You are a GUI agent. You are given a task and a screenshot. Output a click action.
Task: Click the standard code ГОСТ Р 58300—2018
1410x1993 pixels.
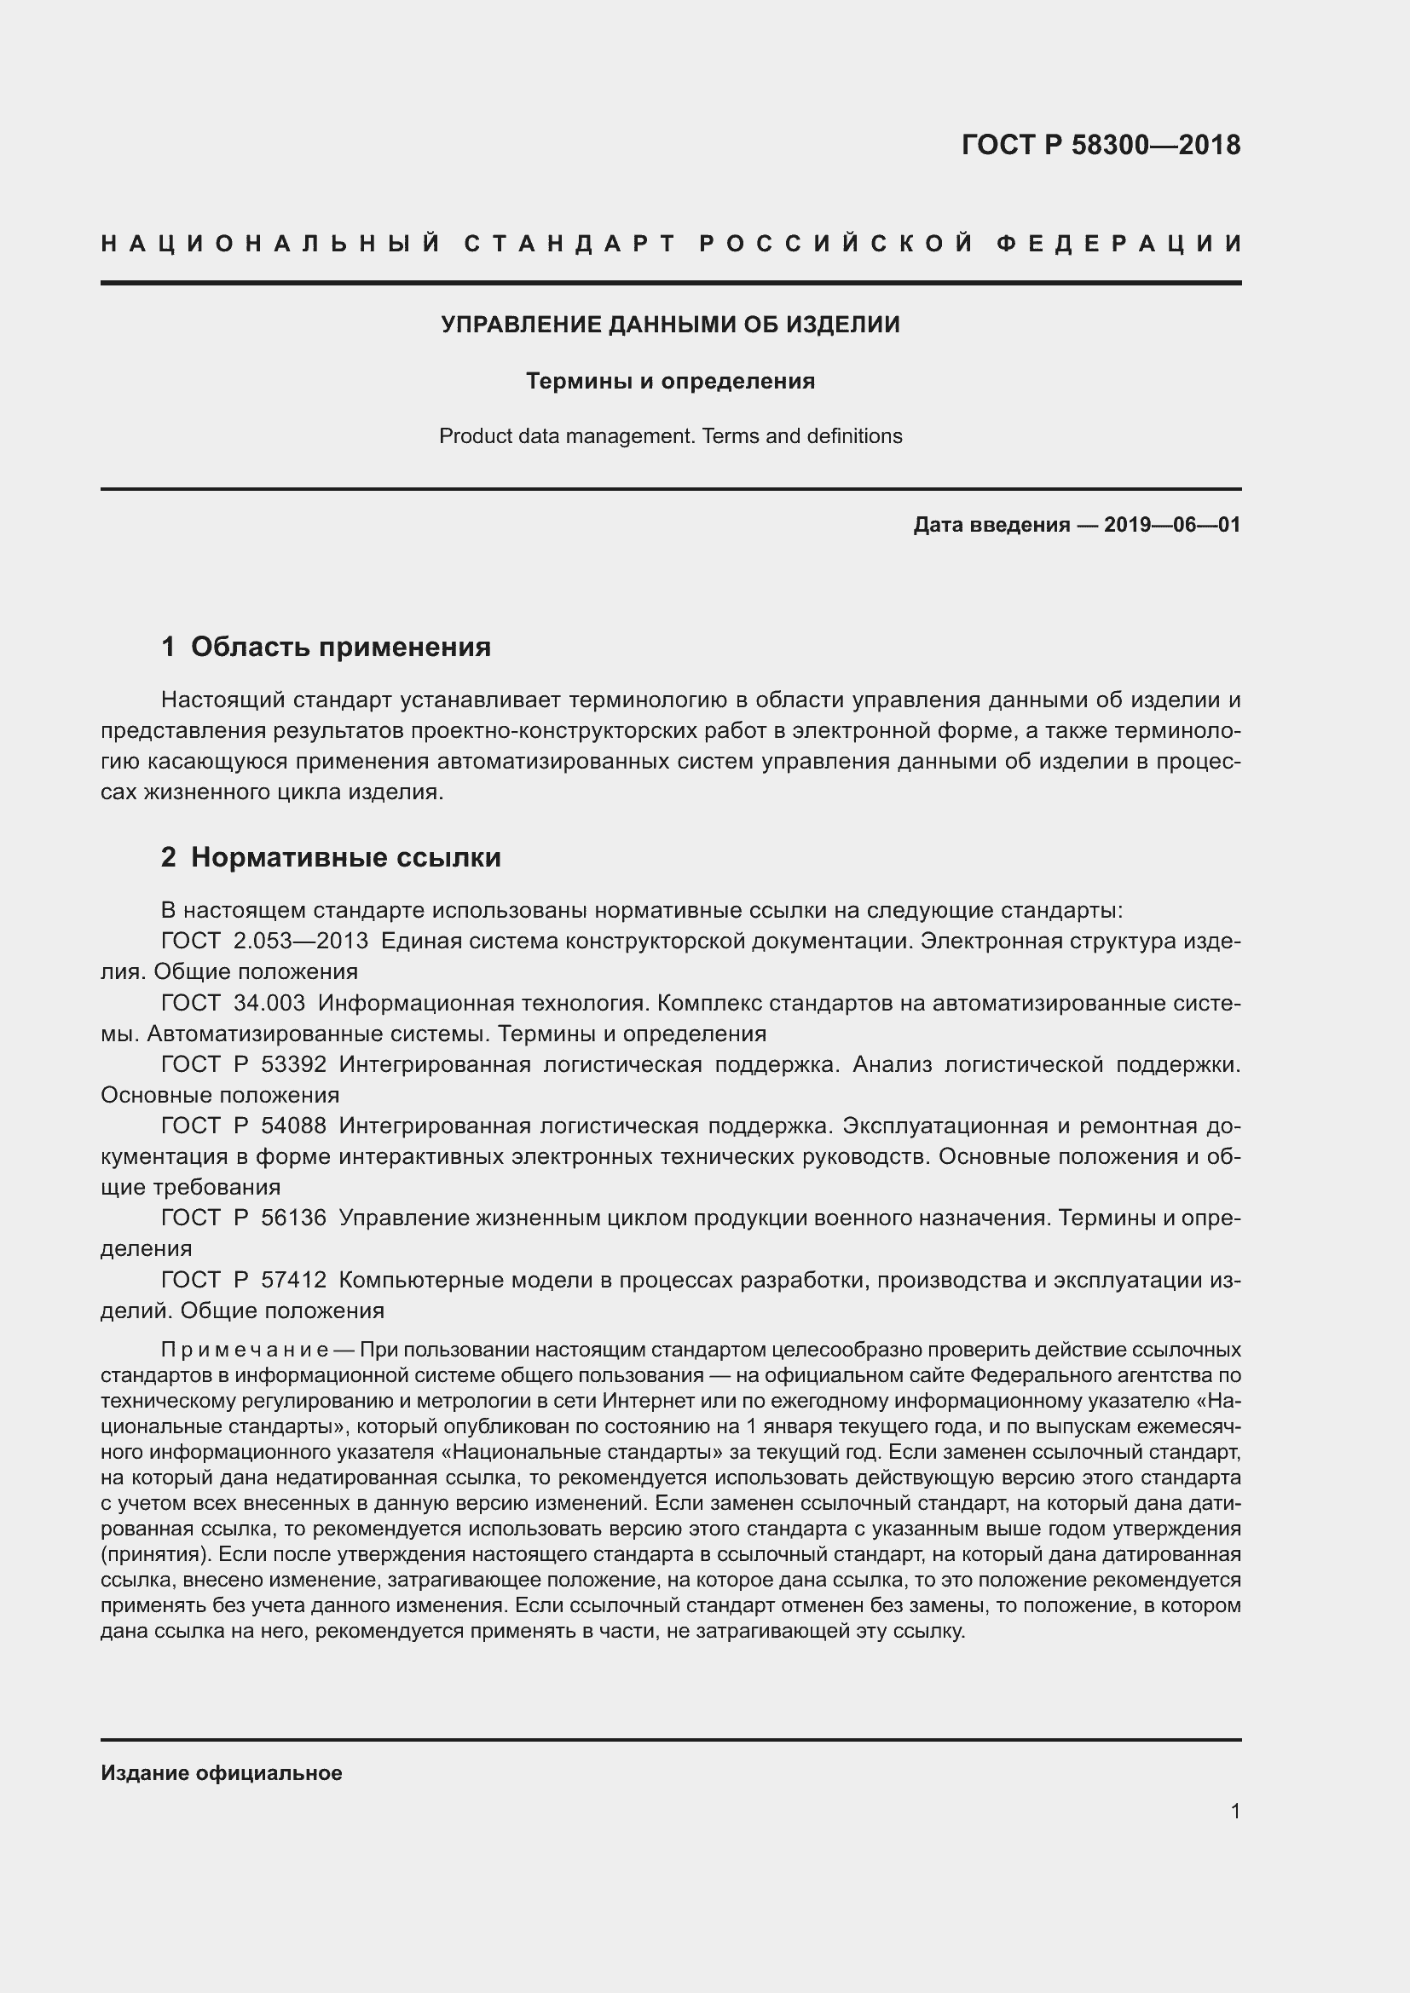(1101, 145)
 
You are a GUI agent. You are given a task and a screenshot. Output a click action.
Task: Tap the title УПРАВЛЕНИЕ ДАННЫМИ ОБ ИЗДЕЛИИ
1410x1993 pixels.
(670, 325)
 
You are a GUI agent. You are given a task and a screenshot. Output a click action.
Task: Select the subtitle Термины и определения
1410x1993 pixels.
(670, 381)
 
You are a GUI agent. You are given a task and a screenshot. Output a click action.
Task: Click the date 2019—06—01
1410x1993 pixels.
(1172, 524)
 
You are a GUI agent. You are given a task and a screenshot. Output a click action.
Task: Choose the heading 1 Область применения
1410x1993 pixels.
(326, 646)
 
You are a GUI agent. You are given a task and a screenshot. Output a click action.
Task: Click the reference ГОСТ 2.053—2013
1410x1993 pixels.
(265, 941)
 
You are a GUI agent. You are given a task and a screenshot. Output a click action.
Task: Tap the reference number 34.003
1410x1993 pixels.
(269, 1003)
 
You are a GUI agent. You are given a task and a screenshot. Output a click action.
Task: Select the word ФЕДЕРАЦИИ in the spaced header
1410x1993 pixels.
(1120, 244)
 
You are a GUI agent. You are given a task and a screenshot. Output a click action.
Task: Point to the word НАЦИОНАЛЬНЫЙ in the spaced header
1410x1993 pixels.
(271, 244)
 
